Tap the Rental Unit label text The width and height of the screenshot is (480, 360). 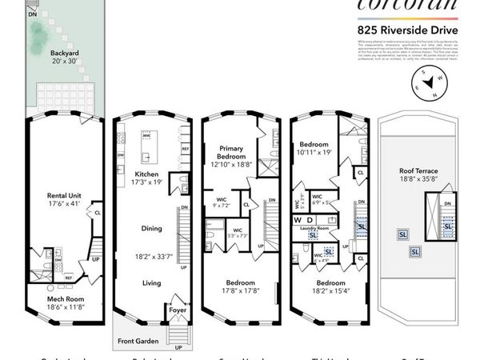(x=64, y=194)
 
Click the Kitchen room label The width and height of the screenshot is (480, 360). (x=146, y=174)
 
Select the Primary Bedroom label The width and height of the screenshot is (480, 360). (x=231, y=152)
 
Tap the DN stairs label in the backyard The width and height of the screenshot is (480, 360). (x=32, y=14)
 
